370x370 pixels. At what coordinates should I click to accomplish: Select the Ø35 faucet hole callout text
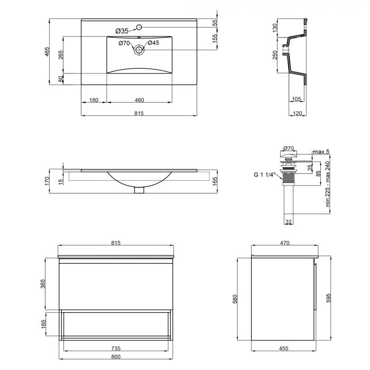click(x=122, y=31)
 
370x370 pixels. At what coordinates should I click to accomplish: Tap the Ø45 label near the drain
click(x=153, y=43)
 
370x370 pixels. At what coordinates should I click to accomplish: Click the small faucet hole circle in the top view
click(x=139, y=27)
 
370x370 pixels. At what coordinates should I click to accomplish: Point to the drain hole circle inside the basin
click(x=139, y=51)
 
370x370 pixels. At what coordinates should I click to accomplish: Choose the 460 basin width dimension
click(x=139, y=99)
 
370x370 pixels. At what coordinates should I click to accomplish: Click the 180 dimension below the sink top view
click(x=94, y=99)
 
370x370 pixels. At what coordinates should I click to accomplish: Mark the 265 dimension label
click(x=61, y=55)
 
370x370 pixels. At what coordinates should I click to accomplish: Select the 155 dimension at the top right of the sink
click(x=215, y=39)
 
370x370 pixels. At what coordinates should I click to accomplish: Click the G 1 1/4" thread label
click(x=264, y=175)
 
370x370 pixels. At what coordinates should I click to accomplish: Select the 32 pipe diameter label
click(x=288, y=222)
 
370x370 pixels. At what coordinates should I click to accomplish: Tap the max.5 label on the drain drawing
click(x=320, y=152)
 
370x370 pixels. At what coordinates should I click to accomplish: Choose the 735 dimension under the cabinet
click(x=116, y=349)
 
